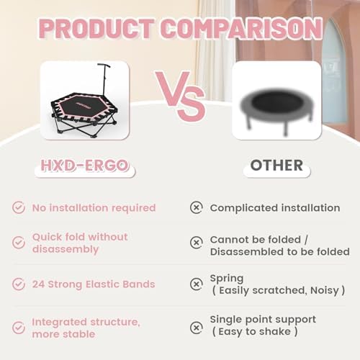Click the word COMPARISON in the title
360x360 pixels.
coord(241,28)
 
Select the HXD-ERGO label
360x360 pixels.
coord(84,165)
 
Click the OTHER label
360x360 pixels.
coord(276,165)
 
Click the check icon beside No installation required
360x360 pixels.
coord(19,207)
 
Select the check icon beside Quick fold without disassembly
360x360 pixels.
coord(19,243)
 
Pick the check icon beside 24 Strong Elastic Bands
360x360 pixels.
coord(19,284)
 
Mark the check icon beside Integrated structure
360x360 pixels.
coord(19,326)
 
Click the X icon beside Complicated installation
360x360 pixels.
coord(196,207)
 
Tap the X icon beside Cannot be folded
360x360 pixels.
coord(196,243)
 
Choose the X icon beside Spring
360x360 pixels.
coord(196,284)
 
